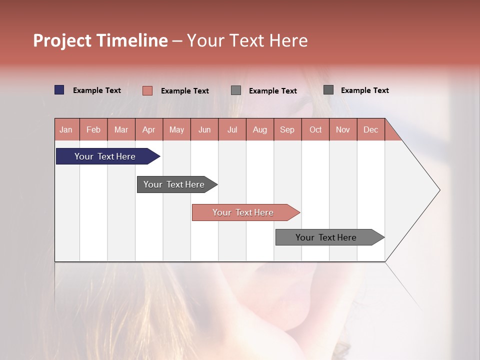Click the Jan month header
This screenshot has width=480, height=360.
66,129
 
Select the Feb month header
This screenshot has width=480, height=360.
93,129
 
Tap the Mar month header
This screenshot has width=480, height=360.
121,129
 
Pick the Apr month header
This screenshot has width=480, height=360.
148,129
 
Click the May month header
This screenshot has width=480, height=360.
176,129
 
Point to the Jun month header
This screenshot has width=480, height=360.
204,129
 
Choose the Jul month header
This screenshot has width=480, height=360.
232,129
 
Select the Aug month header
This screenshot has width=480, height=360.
259,129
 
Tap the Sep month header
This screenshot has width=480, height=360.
287,129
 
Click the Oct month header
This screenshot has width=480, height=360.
315,129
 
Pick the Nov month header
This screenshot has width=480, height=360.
343,129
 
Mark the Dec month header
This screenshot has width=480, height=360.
370,129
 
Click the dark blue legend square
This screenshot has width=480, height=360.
59,90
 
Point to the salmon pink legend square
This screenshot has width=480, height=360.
147,90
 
